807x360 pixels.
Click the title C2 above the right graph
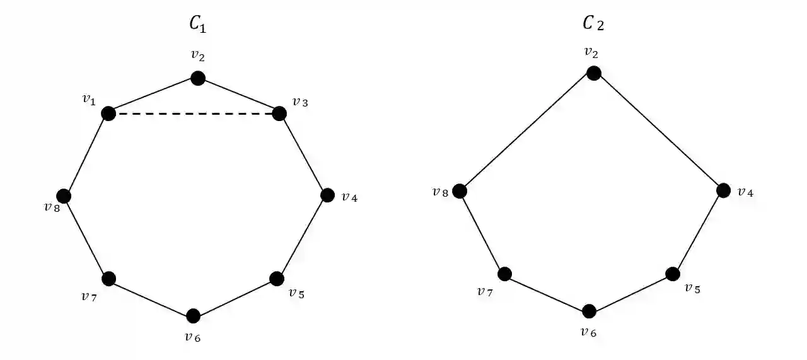coord(594,24)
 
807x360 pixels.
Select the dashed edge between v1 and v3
coord(194,114)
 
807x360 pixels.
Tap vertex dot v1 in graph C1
coord(108,113)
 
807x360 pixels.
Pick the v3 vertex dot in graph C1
coord(280,113)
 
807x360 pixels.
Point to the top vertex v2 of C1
coord(198,78)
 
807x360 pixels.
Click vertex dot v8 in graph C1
coord(64,196)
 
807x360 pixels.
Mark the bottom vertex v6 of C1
coord(194,315)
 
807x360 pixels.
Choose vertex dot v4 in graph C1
coord(327,195)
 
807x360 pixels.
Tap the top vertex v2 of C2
coord(593,73)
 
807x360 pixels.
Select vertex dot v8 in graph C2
coord(460,190)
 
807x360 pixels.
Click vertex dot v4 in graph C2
coord(724,190)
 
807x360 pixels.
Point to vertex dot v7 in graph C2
coord(504,274)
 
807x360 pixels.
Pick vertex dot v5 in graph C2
coord(673,274)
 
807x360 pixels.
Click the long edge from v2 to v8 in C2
coord(526,132)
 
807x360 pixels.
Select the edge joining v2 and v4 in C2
coord(659,132)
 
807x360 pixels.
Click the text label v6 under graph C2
coord(589,332)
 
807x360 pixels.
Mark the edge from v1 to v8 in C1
coord(86,155)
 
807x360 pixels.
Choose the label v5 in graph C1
coord(296,293)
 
